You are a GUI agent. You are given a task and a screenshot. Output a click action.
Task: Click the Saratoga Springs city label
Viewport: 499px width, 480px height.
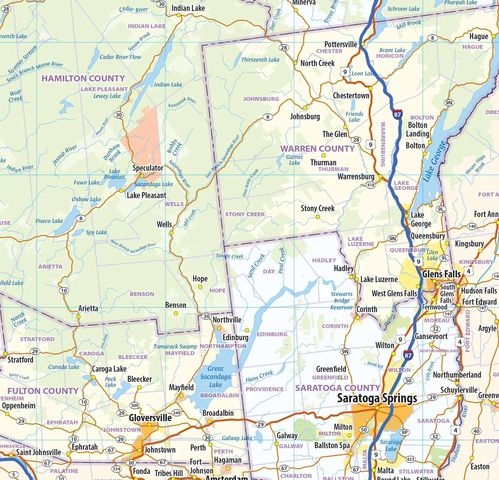pos(377,398)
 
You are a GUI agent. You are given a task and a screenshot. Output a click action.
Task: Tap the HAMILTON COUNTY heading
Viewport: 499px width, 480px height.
pos(83,78)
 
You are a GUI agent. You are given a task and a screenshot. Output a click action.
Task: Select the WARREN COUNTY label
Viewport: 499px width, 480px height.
pos(317,149)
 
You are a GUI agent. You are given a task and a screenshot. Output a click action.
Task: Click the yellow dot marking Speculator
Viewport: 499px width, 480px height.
pos(142,176)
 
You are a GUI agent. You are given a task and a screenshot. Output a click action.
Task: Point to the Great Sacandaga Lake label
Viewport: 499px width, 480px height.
pos(215,376)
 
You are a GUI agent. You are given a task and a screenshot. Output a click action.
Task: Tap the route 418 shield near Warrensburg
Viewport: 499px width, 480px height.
pos(370,185)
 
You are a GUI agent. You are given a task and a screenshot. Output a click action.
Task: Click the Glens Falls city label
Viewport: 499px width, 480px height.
pos(441,274)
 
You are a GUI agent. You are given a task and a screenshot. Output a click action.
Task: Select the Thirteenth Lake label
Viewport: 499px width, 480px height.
pos(260,60)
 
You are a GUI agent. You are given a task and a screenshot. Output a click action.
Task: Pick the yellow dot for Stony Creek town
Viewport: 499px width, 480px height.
pos(318,217)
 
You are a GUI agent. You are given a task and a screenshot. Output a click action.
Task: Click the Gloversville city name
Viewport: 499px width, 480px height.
pos(150,418)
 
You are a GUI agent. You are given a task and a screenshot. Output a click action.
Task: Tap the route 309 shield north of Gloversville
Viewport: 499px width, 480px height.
pos(134,405)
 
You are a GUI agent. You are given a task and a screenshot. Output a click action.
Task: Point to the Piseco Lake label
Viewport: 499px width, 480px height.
pos(49,221)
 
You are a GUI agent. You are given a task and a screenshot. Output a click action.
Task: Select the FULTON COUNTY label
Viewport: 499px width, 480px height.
pos(43,391)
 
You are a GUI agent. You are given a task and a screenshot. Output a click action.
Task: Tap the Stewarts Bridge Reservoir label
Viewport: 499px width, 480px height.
pos(341,301)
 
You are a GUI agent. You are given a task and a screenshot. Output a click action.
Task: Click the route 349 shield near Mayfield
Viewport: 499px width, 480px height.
pos(176,413)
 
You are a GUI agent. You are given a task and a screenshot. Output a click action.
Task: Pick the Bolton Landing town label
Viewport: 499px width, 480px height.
pos(417,130)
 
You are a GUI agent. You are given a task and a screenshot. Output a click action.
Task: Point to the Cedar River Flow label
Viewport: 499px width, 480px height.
pos(120,57)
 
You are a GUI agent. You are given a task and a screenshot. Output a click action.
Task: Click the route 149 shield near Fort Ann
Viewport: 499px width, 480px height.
pos(472,226)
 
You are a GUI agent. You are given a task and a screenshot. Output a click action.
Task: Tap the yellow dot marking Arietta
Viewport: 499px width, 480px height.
pos(78,317)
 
